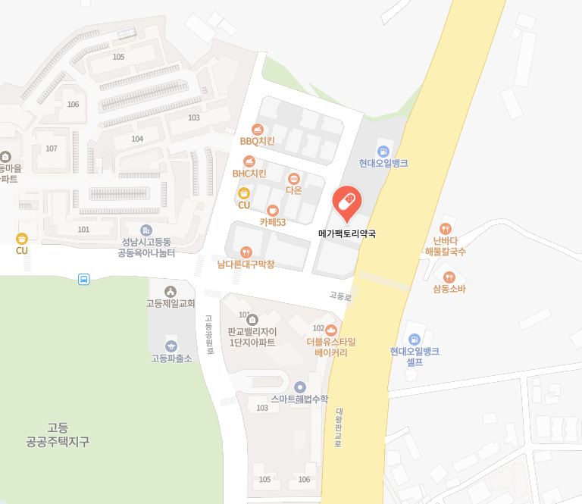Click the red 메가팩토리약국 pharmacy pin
[347, 203]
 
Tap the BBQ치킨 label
[257, 141]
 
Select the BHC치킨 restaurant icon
[249, 161]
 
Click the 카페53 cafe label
[273, 222]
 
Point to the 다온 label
[293, 190]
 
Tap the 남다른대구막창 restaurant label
[246, 265]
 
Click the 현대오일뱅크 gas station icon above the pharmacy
[383, 151]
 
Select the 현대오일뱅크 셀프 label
[415, 357]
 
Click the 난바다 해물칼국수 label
[445, 246]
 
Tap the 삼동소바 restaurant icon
[449, 277]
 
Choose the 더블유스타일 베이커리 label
[331, 347]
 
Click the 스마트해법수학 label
[299, 399]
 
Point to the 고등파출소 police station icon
[171, 346]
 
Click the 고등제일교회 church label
[171, 304]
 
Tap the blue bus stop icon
[83, 279]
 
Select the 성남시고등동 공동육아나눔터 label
[146, 248]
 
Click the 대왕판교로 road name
[339, 428]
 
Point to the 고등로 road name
[340, 296]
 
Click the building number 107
[52, 148]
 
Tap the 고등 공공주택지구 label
[58, 434]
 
